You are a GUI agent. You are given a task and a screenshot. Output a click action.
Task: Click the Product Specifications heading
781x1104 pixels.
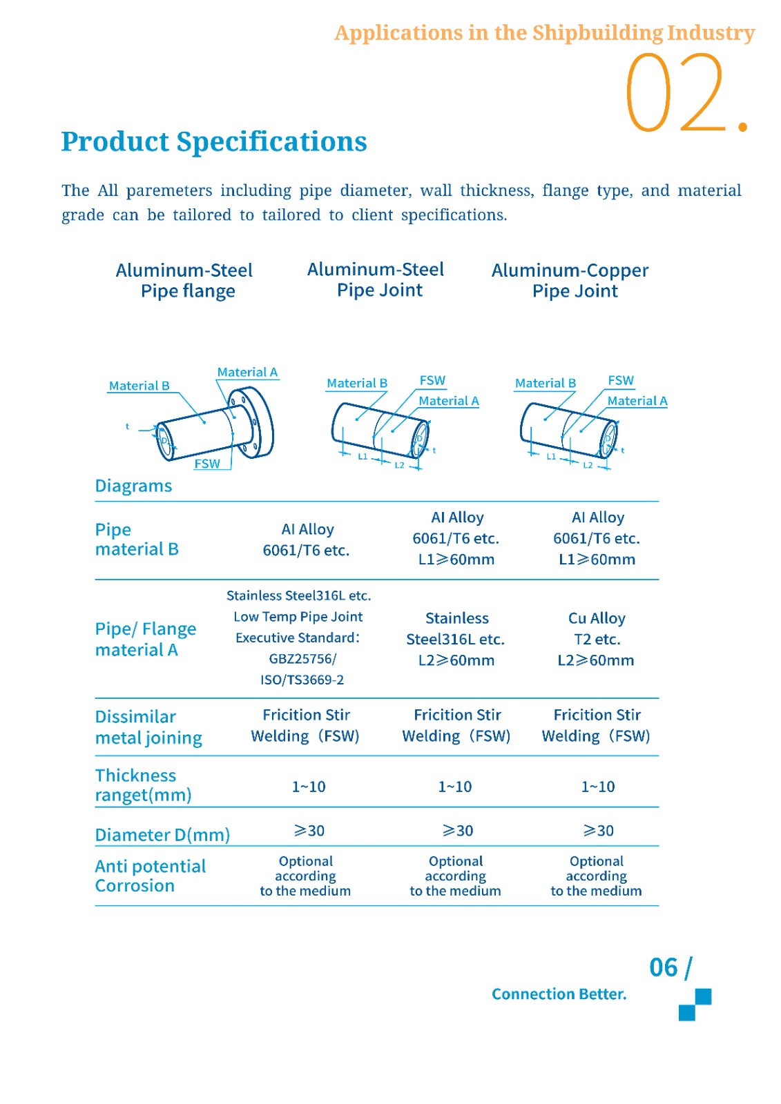pyautogui.click(x=214, y=141)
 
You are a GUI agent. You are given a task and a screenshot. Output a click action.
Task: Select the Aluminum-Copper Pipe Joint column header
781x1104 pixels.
pyautogui.click(x=570, y=280)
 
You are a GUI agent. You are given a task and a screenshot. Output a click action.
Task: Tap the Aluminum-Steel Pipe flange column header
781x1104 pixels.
pyautogui.click(x=184, y=280)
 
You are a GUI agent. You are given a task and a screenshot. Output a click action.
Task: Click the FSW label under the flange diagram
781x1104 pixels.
pyautogui.click(x=207, y=464)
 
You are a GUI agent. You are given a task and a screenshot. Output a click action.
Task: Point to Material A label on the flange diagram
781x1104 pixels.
pyautogui.click(x=247, y=373)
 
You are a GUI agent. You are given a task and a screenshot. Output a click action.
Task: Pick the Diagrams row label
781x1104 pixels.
pyautogui.click(x=133, y=486)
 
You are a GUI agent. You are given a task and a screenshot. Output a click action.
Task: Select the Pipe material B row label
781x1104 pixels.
pyautogui.click(x=137, y=540)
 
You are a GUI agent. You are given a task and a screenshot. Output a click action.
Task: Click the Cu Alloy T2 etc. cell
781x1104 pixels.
pyautogui.click(x=597, y=629)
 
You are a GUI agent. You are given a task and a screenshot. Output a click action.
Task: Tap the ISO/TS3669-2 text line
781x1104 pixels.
pyautogui.click(x=302, y=680)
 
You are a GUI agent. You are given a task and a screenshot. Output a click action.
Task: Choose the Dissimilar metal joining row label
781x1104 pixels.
pyautogui.click(x=148, y=727)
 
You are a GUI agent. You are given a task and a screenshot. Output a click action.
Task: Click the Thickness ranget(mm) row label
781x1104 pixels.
pyautogui.click(x=143, y=785)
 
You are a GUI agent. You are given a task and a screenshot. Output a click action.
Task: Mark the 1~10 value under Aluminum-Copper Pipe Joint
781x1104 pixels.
pyautogui.click(x=598, y=787)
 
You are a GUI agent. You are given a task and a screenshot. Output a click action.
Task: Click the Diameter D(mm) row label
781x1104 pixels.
pyautogui.click(x=162, y=835)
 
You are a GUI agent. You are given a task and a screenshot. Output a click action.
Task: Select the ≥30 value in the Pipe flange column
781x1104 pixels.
pyautogui.click(x=309, y=831)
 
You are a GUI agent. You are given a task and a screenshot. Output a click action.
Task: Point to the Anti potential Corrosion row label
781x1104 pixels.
pyautogui.click(x=150, y=876)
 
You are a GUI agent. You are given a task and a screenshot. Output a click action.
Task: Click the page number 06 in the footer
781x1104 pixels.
pyautogui.click(x=664, y=967)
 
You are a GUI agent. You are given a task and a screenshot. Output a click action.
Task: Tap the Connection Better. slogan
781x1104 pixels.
pyautogui.click(x=559, y=994)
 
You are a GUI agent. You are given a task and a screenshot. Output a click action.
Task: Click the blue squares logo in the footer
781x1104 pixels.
pyautogui.click(x=695, y=1005)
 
